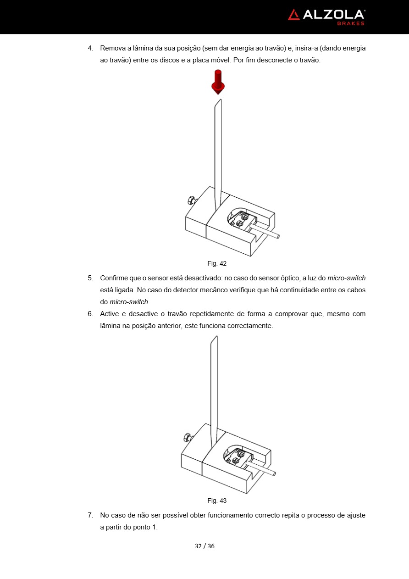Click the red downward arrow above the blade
pos(218,82)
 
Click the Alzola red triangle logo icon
pos(293,15)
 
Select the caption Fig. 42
pos(217,264)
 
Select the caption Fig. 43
pos(217,501)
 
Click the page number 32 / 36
pos(204,546)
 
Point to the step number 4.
pos(90,48)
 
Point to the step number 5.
pos(90,278)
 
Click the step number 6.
pos(90,314)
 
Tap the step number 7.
pos(90,515)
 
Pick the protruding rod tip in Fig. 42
pos(277,236)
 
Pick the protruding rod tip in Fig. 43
pos(274,473)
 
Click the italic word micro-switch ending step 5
pos(129,302)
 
